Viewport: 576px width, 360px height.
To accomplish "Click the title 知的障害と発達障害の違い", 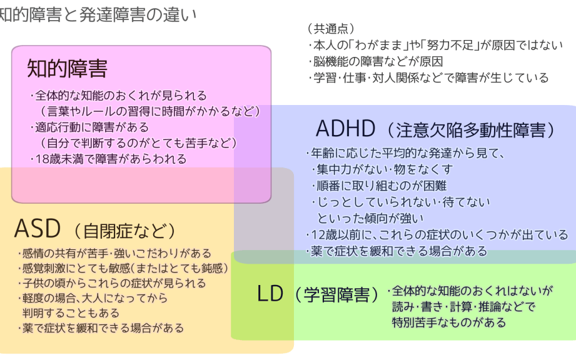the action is (98, 14).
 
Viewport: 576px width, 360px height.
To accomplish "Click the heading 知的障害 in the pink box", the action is (67, 68).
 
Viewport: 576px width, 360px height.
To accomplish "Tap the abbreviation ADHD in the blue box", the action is (345, 129).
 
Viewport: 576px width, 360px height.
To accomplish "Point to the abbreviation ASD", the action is (37, 228).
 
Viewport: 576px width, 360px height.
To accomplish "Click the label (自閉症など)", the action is (124, 231).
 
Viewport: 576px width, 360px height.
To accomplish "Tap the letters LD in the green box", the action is (270, 294).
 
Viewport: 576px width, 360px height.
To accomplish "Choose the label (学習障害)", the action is (336, 294).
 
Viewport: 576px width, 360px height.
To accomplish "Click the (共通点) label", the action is (331, 28).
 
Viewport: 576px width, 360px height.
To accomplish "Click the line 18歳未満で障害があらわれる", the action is (108, 159).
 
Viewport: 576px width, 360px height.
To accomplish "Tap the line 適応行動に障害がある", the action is (89, 127).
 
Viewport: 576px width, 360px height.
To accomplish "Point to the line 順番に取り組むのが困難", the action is (379, 186).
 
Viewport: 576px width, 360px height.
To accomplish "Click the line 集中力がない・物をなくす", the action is (382, 169).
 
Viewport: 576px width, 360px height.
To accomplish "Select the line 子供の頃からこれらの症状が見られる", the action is (112, 283).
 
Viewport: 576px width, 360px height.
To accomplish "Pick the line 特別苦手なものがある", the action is (449, 322).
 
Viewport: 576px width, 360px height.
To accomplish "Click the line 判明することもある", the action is (71, 313).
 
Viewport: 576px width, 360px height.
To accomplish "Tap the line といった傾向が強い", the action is (370, 218).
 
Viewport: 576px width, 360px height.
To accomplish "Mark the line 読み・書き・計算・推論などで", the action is (463, 306).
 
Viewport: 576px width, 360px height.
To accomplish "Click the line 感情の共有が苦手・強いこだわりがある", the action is (114, 253).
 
